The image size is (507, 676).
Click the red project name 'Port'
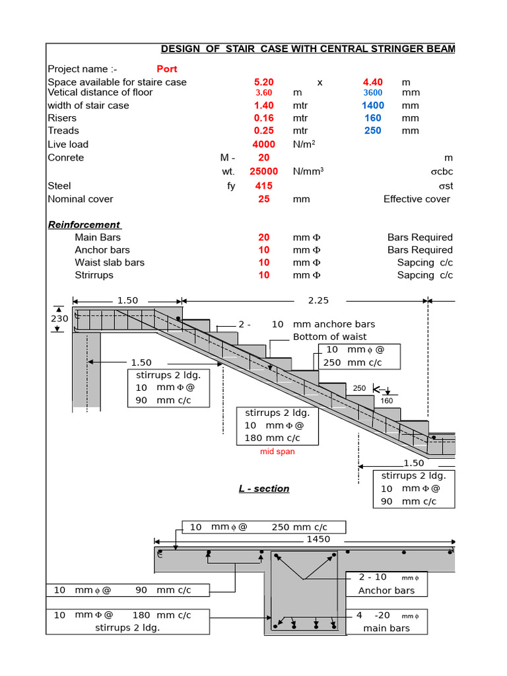coord(166,69)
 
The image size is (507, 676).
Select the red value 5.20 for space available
coord(263,82)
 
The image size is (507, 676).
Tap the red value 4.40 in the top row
coord(373,82)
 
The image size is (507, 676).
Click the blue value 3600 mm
coord(373,92)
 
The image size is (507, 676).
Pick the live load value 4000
coord(263,144)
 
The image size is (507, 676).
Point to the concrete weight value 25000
coord(263,171)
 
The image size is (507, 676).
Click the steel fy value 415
coord(263,186)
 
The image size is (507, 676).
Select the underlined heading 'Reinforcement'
coord(84,224)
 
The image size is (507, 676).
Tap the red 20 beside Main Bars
coord(263,237)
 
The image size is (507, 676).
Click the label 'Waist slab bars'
coord(110,262)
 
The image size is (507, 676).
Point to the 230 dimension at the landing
coord(59,318)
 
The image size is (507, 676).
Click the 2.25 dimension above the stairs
coord(318,300)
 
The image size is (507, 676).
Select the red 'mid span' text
coord(277,452)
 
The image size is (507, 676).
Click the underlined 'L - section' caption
coord(264,489)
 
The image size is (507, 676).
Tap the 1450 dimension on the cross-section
coord(319,539)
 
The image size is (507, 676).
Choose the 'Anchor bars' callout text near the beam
coord(386,590)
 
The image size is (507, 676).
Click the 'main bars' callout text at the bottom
coord(386,628)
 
